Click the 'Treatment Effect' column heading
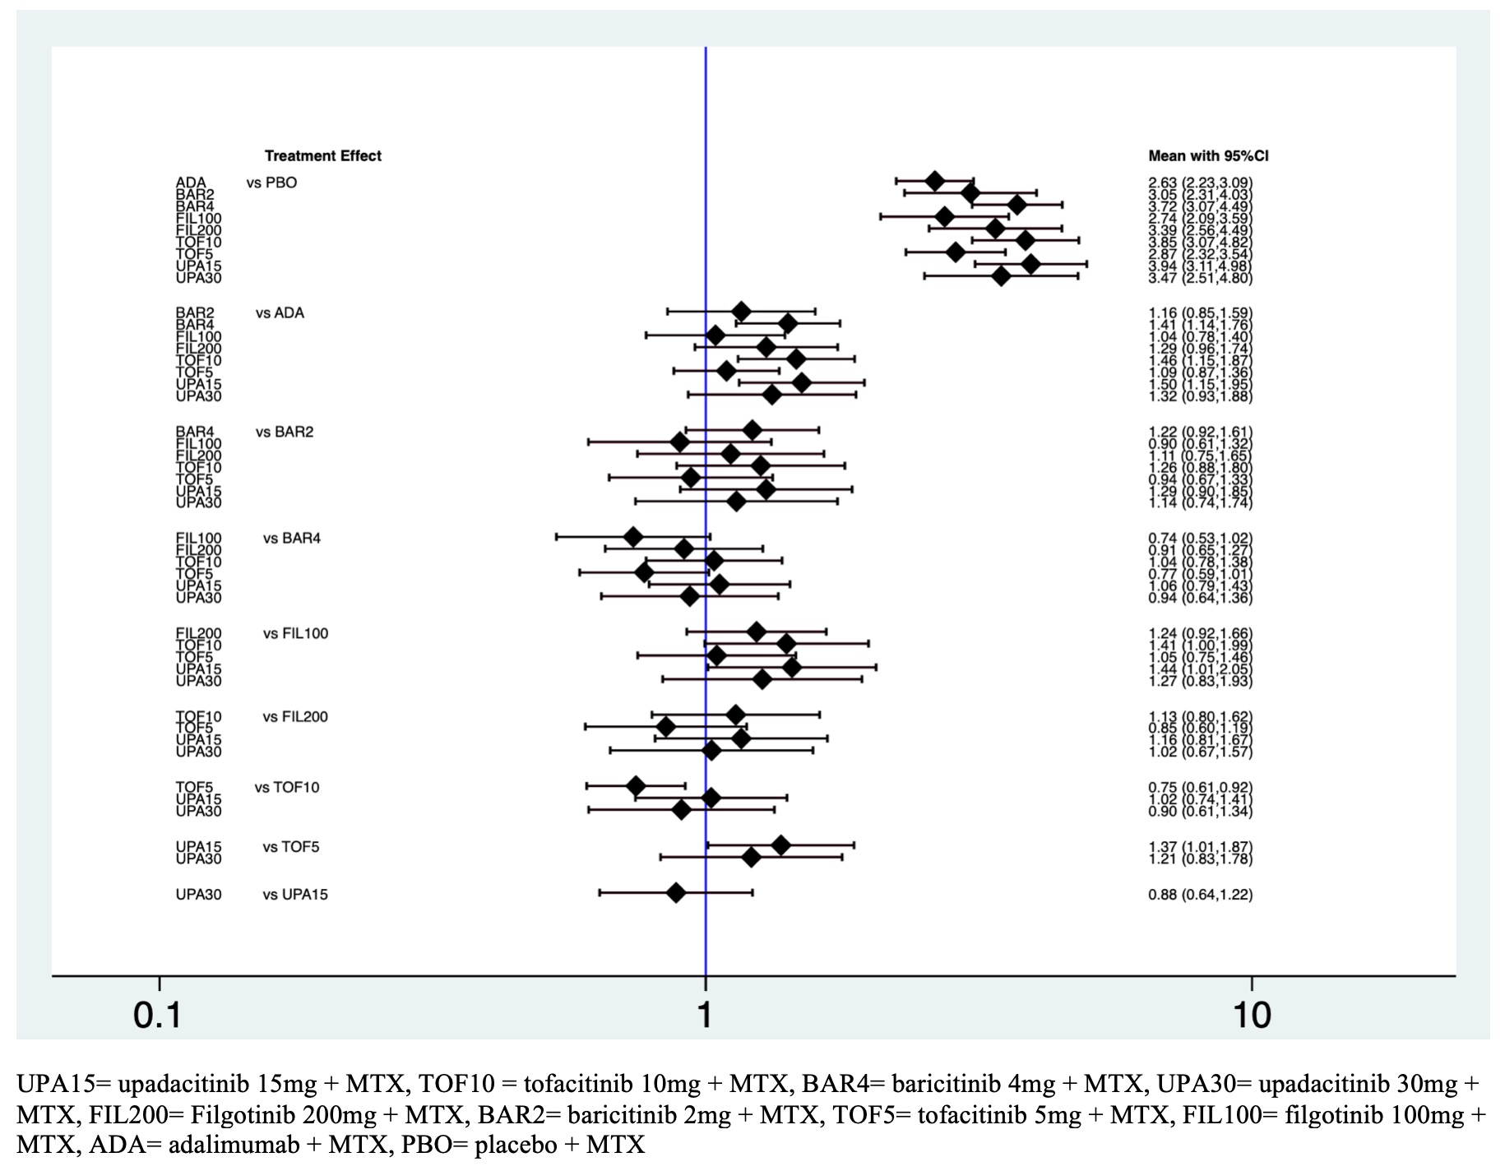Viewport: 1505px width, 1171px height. click(322, 156)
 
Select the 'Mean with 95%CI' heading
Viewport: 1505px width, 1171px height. click(1208, 156)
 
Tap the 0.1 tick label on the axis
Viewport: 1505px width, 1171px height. click(158, 1016)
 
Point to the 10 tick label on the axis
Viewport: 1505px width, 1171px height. click(1252, 1016)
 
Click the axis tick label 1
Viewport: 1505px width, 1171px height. click(705, 1016)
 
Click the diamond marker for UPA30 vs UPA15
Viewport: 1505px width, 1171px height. click(676, 893)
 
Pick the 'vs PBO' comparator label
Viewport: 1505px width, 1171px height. click(271, 183)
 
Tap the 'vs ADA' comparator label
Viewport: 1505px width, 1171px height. click(280, 313)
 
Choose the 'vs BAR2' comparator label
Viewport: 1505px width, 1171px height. click(284, 432)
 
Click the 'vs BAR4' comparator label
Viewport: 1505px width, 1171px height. click(292, 539)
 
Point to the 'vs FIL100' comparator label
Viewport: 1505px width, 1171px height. click(295, 633)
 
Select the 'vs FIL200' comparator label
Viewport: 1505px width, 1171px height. click(295, 717)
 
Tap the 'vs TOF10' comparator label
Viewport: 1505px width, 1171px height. click(287, 788)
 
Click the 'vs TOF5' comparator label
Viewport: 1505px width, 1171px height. click(291, 847)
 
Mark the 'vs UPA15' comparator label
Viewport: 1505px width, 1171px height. click(295, 895)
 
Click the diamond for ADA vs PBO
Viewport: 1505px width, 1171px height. click(934, 180)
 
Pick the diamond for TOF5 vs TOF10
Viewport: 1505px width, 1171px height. click(636, 786)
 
